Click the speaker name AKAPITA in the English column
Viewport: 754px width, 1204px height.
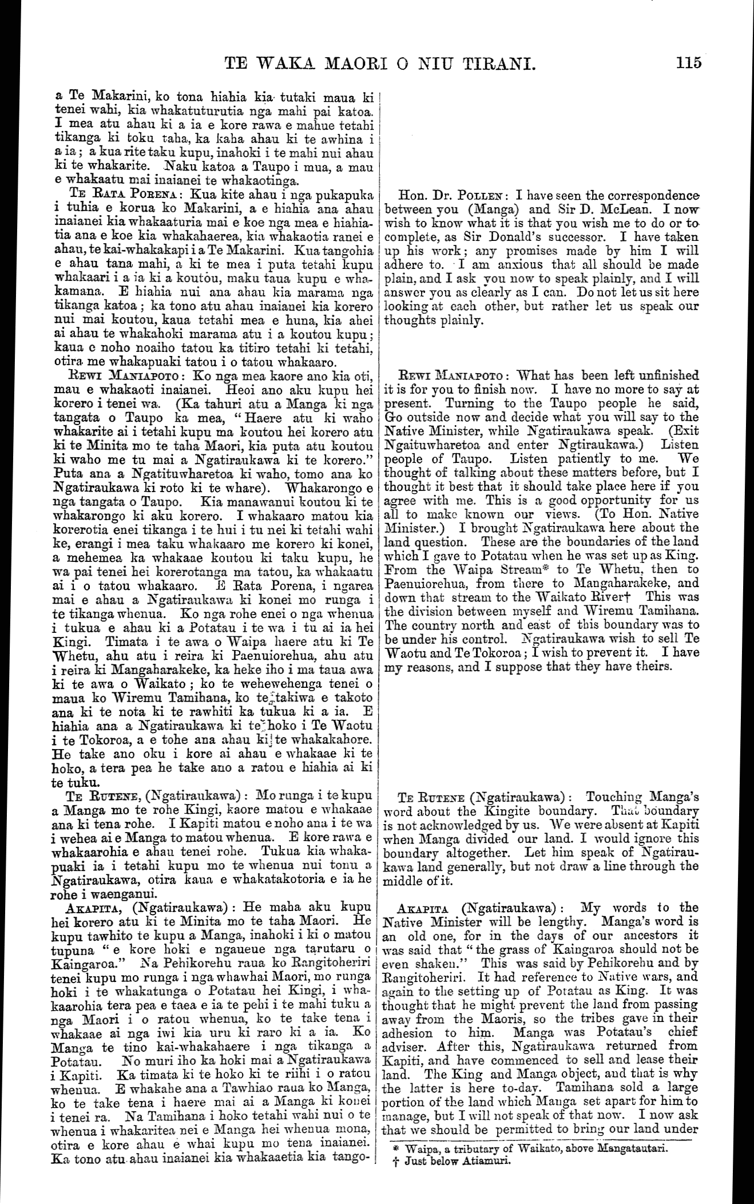[x=422, y=908]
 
